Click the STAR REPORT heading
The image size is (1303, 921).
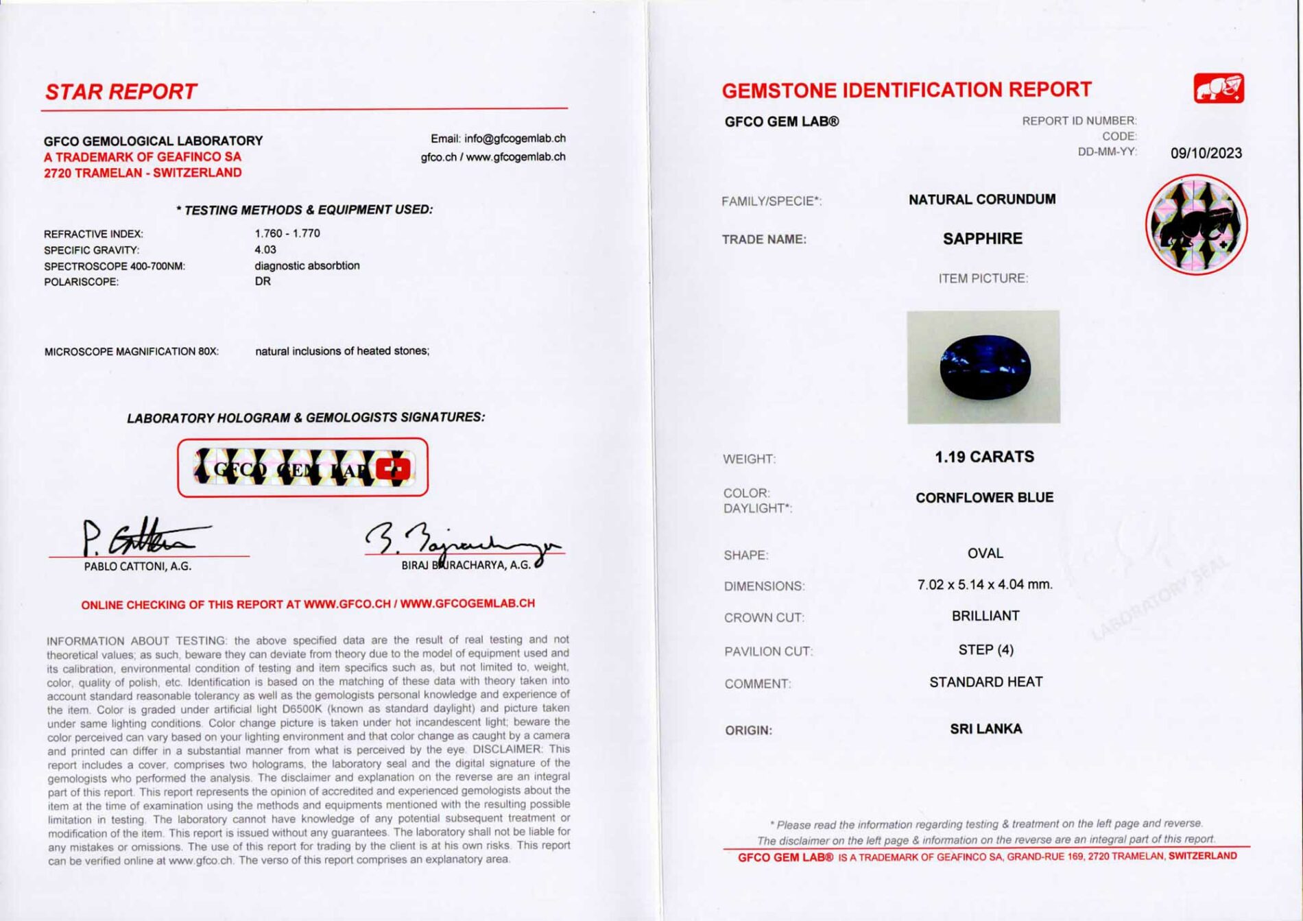121,92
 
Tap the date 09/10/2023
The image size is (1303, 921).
1206,153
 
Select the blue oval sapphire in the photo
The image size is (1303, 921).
985,368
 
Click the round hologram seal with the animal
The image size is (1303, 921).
1196,225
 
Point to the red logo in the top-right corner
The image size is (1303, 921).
1219,88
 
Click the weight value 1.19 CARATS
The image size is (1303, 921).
984,457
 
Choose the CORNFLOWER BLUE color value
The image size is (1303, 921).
984,498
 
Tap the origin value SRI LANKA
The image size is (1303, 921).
985,729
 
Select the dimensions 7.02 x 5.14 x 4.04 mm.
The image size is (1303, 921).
984,585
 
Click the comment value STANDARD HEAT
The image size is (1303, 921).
985,682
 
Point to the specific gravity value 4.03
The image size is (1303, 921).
265,250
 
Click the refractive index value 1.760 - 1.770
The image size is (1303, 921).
287,233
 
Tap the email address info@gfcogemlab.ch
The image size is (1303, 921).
514,139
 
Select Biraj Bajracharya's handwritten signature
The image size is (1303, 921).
459,541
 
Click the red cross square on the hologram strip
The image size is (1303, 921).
393,469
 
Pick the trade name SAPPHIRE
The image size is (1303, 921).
982,239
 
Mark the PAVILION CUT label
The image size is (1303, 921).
768,651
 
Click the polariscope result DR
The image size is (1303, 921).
263,281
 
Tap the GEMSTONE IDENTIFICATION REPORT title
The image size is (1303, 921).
906,90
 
